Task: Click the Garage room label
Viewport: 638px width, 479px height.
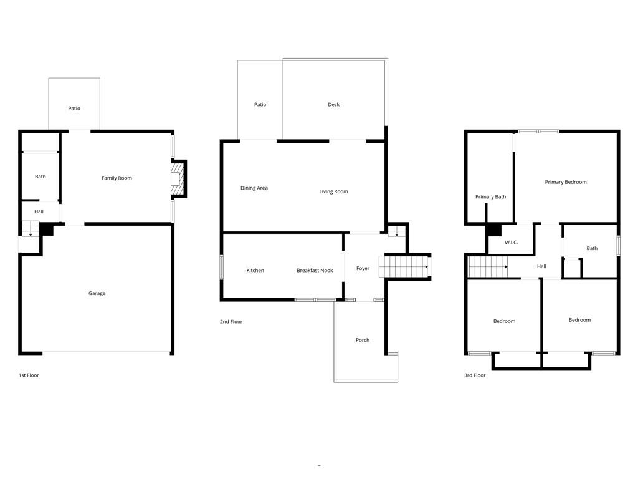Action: (97, 293)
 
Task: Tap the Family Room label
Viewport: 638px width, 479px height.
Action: (117, 178)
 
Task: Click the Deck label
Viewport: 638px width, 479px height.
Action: (334, 105)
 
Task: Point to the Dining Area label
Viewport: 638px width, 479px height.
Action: (254, 188)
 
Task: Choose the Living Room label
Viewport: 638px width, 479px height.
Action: (334, 192)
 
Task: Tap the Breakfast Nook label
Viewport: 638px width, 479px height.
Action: (315, 271)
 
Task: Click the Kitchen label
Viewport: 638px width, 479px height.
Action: (255, 271)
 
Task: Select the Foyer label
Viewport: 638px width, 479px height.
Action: (363, 268)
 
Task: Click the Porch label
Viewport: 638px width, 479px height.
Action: (363, 340)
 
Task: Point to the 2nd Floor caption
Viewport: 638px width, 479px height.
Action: (231, 322)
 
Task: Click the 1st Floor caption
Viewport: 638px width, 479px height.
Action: (29, 375)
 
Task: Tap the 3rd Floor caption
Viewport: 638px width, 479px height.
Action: (475, 375)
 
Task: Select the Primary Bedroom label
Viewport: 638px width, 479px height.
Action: (566, 182)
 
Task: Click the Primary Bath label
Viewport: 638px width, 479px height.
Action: (491, 196)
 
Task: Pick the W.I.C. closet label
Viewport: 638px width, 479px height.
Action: (512, 243)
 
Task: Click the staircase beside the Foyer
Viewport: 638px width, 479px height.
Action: (404, 267)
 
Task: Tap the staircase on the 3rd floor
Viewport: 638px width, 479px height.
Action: (488, 267)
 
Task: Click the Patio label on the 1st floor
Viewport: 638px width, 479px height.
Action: (74, 109)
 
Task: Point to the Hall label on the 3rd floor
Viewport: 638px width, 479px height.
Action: (541, 266)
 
